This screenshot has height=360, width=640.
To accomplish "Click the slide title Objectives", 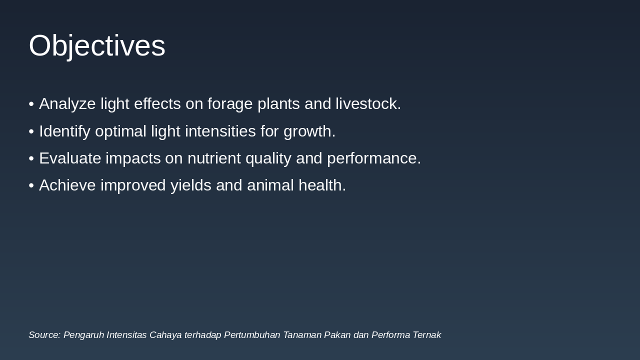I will [97, 45].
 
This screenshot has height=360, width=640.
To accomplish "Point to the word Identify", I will [64, 131].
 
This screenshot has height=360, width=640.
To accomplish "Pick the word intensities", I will [220, 131].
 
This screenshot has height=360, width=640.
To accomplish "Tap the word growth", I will [309, 131].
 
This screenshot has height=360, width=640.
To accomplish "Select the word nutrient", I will [212, 158].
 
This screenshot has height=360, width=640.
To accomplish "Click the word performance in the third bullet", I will [373, 158].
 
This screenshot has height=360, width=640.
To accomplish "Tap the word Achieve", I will [67, 185].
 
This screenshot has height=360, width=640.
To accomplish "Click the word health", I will [322, 185].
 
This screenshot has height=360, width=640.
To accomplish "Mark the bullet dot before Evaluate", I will [31, 158].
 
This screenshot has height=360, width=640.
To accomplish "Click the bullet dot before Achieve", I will [31, 185].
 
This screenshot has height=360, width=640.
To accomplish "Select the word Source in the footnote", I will [44, 335].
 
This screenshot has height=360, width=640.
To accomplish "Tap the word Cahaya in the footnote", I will [165, 335].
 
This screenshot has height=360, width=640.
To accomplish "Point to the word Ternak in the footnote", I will [426, 335].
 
